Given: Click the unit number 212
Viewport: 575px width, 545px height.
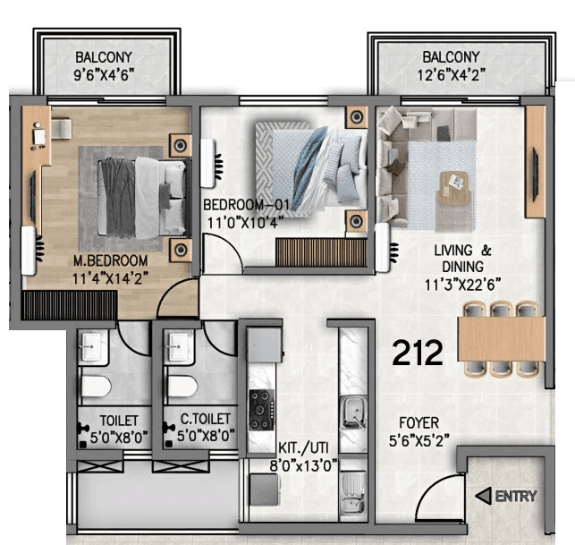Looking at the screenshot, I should pyautogui.click(x=418, y=353).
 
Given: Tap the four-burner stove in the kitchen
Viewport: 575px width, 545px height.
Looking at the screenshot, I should pyautogui.click(x=262, y=409).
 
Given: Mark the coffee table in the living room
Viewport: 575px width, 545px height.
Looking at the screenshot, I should pyautogui.click(x=456, y=185).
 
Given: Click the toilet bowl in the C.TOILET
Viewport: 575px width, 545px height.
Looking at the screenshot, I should pyautogui.click(x=182, y=386).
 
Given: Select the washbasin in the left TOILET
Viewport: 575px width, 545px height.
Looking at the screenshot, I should pyautogui.click(x=93, y=347).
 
